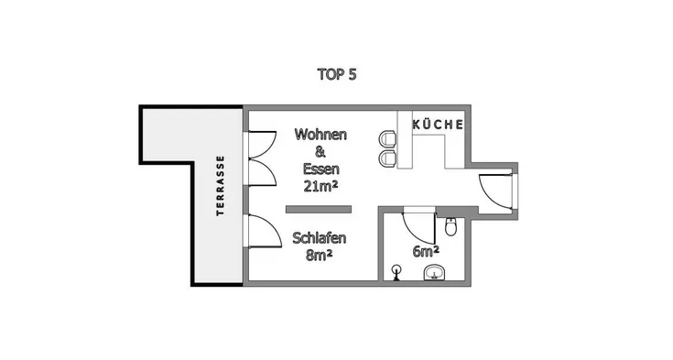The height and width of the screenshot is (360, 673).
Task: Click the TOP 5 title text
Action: pyautogui.click(x=337, y=74)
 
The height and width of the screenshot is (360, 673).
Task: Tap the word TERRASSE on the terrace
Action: pyautogui.click(x=220, y=185)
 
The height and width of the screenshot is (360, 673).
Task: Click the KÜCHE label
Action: pyautogui.click(x=438, y=125)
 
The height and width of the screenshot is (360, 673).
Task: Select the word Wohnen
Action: pyautogui.click(x=320, y=135)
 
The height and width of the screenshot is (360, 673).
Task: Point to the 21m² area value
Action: pyautogui.click(x=320, y=186)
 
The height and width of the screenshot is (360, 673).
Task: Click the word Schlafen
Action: pyautogui.click(x=320, y=237)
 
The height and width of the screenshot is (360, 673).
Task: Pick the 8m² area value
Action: pyautogui.click(x=320, y=256)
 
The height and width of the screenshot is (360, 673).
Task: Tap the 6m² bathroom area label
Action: pyautogui.click(x=426, y=251)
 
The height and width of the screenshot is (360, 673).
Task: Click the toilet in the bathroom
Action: pyautogui.click(x=450, y=226)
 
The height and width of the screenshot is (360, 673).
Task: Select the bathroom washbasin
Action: pyautogui.click(x=435, y=273)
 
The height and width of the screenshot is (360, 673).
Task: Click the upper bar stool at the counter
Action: pyautogui.click(x=386, y=139)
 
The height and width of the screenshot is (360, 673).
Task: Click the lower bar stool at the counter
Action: pyautogui.click(x=386, y=158)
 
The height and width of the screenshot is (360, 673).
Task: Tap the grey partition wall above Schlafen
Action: pyautogui.click(x=319, y=209)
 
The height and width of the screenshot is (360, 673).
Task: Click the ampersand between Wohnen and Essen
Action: pyautogui.click(x=320, y=152)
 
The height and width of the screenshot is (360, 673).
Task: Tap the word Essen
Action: pyautogui.click(x=321, y=169)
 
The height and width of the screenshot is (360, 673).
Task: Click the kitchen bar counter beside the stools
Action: pyautogui.click(x=405, y=139)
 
